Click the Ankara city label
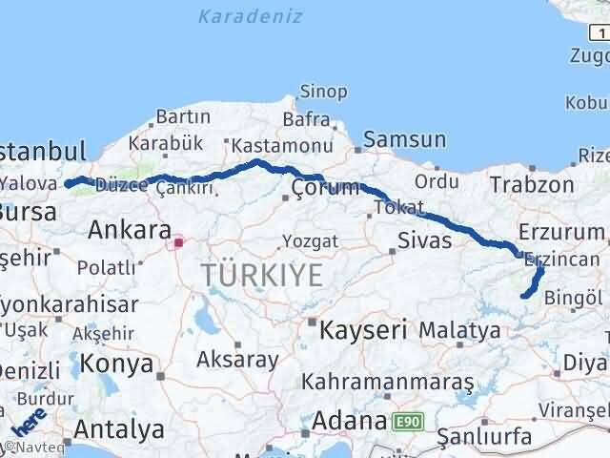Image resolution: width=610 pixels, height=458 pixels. click(x=129, y=230)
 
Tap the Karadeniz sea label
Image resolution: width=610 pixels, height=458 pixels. click(x=251, y=16)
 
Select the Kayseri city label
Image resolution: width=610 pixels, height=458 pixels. click(x=363, y=330)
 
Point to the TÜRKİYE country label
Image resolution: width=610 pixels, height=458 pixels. click(x=261, y=277)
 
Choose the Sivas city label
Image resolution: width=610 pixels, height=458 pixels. click(x=425, y=239)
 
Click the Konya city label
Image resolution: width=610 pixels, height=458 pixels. click(x=117, y=364)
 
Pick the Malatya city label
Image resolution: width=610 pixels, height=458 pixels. click(x=459, y=330)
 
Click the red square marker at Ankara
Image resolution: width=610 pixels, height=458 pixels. click(x=177, y=242)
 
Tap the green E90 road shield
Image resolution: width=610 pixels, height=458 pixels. click(x=405, y=420)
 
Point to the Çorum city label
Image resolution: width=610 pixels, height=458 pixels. click(x=326, y=186)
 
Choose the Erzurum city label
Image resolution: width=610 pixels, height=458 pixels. click(x=562, y=232)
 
